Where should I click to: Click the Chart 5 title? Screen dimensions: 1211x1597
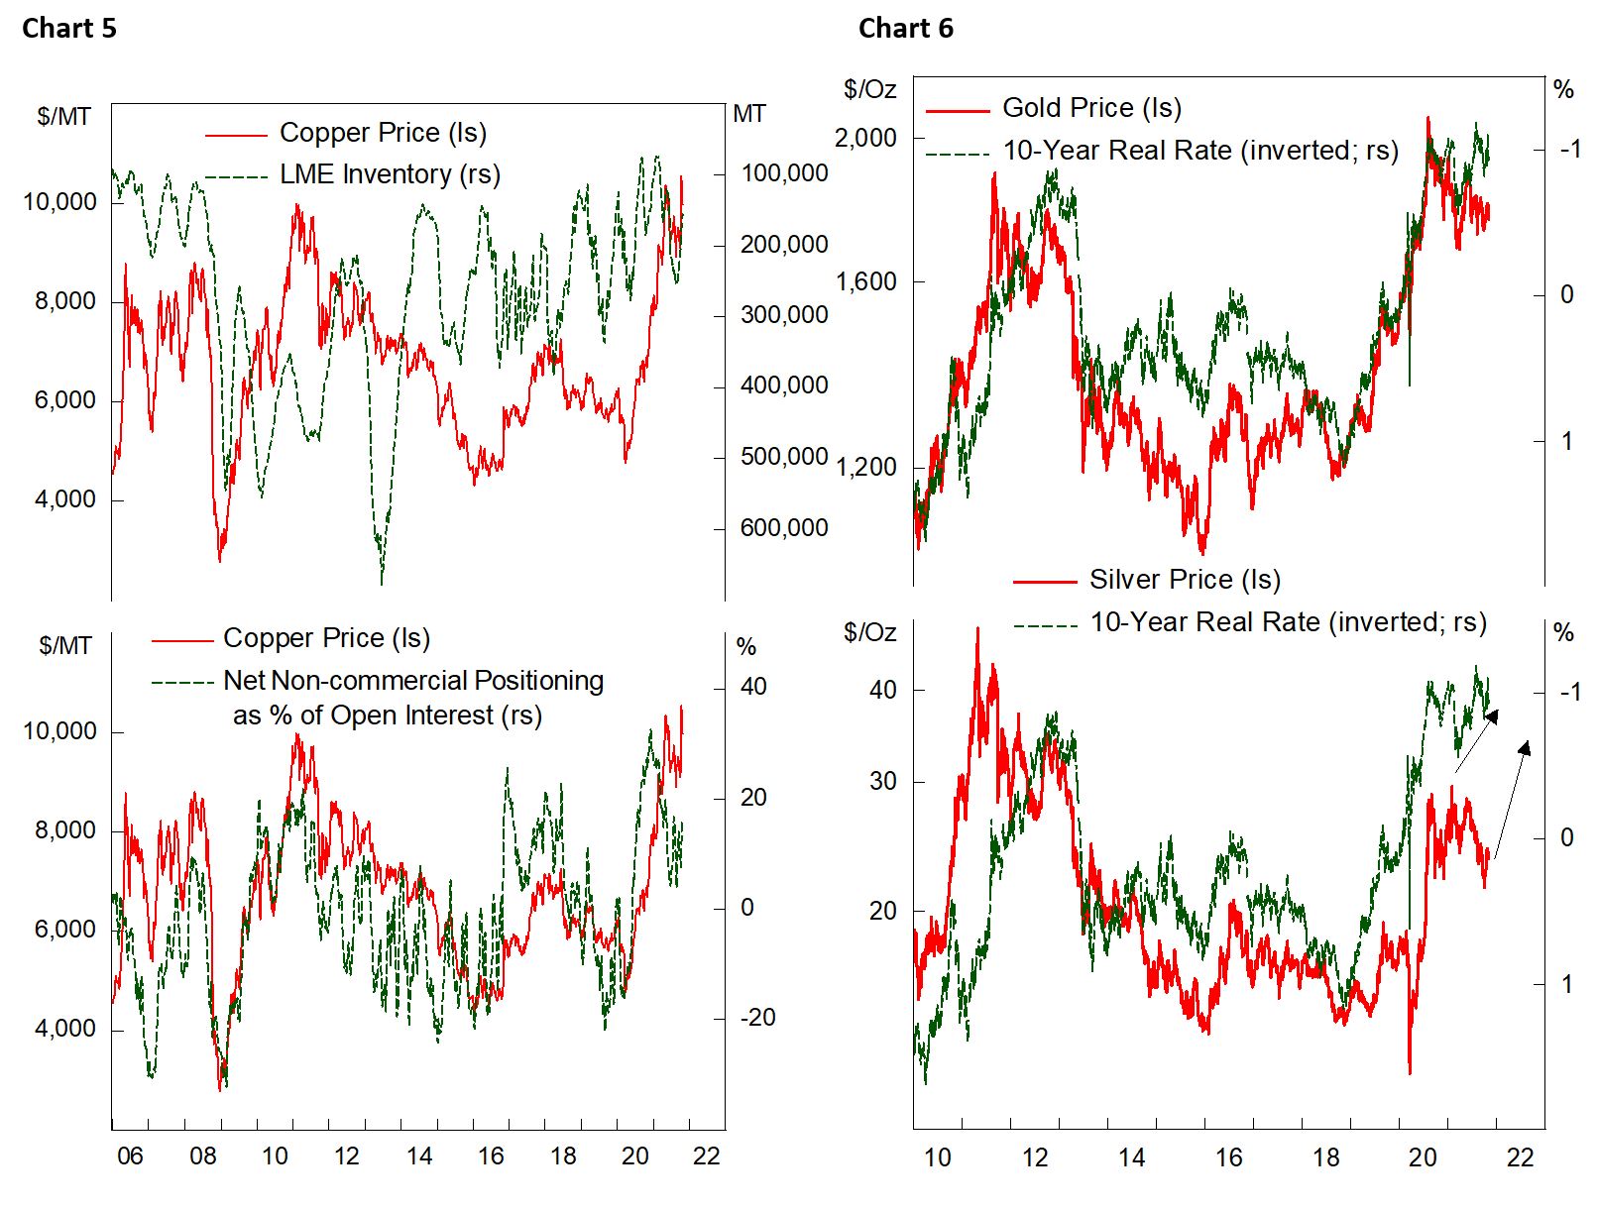click(68, 29)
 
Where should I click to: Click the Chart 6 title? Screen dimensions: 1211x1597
click(905, 29)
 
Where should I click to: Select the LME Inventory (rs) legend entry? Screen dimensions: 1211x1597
click(390, 174)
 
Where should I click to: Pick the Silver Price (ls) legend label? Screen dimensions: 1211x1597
click(1185, 580)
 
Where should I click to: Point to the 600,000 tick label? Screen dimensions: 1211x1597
click(784, 528)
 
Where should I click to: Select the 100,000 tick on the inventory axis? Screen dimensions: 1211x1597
click(784, 173)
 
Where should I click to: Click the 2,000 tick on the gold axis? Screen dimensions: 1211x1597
click(865, 138)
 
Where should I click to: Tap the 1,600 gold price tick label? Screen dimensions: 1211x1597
click(865, 282)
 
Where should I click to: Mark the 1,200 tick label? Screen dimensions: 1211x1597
click(865, 467)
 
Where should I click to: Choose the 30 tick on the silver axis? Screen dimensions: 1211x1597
click(882, 782)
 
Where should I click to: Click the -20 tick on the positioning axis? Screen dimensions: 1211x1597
click(757, 1018)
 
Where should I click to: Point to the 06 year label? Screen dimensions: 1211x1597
click(130, 1156)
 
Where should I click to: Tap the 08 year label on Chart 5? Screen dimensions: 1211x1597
click(202, 1156)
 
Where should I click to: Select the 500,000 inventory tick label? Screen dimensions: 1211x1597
click(784, 457)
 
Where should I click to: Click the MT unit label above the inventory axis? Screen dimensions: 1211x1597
click(749, 115)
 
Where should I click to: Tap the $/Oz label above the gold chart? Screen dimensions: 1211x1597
click(869, 90)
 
